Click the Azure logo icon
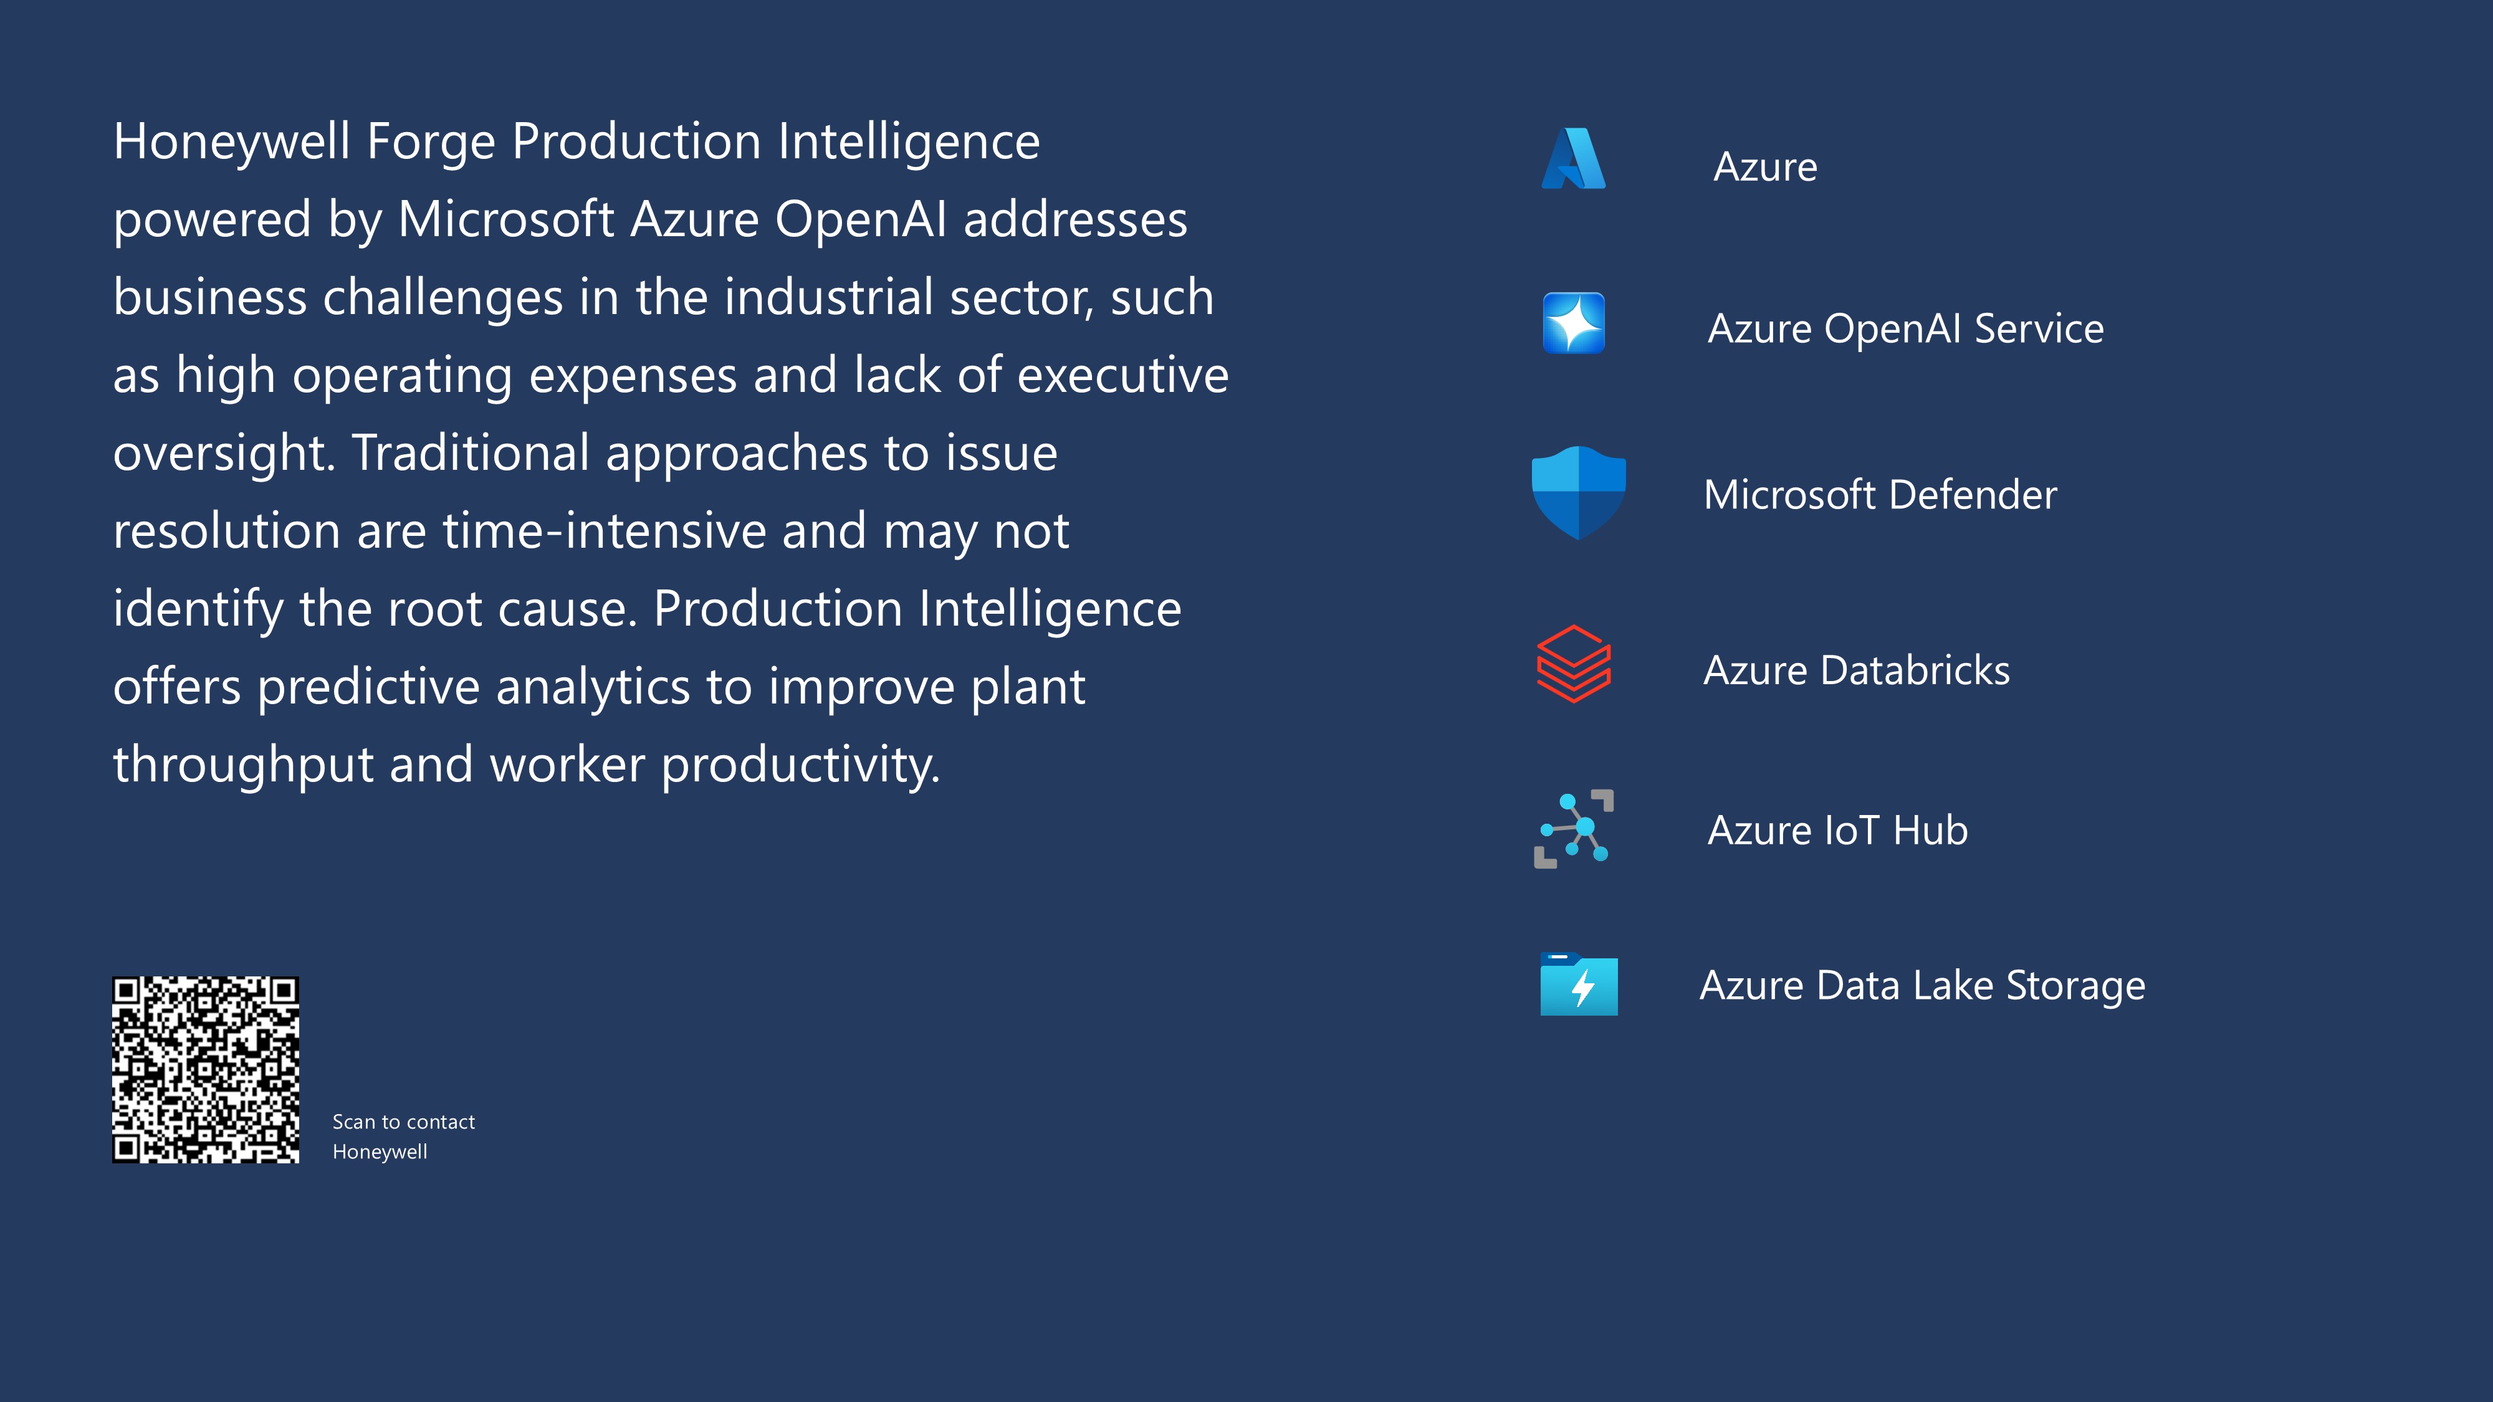click(x=1574, y=159)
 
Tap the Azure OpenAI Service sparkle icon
click(x=1574, y=323)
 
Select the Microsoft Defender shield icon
click(x=1579, y=494)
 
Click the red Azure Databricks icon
click(x=1574, y=664)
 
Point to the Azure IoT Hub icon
click(x=1574, y=829)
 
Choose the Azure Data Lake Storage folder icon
click(x=1579, y=984)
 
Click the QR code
click(x=205, y=1069)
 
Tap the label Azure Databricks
click(x=1856, y=670)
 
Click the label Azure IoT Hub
click(x=1837, y=830)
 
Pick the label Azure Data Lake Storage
click(x=1922, y=986)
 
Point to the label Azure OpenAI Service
click(x=1905, y=329)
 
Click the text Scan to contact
click(x=404, y=1122)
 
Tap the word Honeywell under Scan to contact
click(x=380, y=1152)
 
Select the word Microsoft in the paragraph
click(x=506, y=219)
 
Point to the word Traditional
click(x=471, y=453)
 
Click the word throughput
click(x=244, y=765)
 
